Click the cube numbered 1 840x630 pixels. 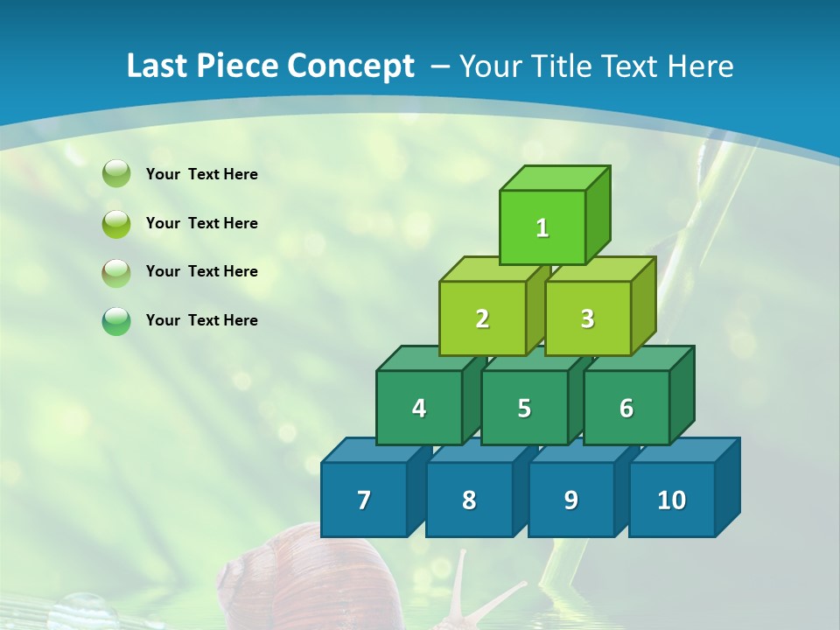point(542,228)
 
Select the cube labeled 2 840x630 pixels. point(482,318)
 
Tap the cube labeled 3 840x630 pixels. point(587,318)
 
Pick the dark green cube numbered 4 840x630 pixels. point(419,408)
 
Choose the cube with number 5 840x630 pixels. point(524,408)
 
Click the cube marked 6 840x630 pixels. point(626,408)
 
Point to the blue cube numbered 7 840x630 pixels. point(364,500)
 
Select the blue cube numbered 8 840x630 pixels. point(469,500)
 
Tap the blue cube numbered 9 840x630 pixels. point(570,500)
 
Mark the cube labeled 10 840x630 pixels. point(671,500)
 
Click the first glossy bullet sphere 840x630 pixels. point(116,174)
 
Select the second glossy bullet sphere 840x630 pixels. point(116,223)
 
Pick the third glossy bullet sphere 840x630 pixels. point(116,272)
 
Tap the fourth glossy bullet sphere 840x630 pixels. point(116,321)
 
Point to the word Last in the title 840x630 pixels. point(158,66)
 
